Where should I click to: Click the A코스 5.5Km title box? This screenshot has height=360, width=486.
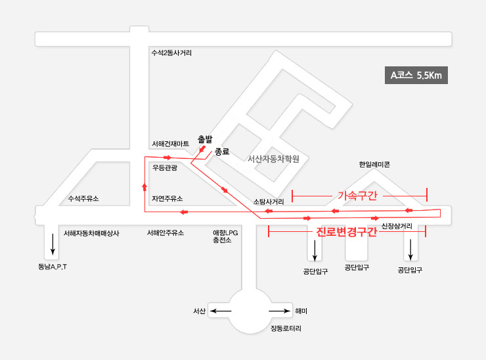click(x=416, y=75)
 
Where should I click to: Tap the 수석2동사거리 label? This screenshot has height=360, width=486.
click(x=171, y=53)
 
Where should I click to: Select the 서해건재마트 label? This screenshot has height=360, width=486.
click(x=171, y=144)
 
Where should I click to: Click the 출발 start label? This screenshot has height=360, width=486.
click(x=205, y=139)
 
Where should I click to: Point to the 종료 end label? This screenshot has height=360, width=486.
click(x=222, y=152)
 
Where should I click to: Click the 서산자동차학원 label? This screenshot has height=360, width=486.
click(x=273, y=159)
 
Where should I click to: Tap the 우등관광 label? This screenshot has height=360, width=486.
click(x=165, y=168)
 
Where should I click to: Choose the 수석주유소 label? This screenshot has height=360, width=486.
click(x=83, y=198)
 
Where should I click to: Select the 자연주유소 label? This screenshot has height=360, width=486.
click(x=167, y=198)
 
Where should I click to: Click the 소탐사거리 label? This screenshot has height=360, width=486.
click(x=269, y=202)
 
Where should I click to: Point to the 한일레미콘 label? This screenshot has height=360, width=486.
click(x=374, y=164)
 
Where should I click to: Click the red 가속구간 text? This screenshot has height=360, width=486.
click(x=357, y=196)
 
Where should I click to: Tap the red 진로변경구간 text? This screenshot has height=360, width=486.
click(x=347, y=232)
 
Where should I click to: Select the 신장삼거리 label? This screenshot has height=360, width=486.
click(x=397, y=226)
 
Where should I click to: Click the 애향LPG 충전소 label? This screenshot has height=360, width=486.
click(x=225, y=236)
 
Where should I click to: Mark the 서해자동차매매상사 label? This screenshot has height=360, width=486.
click(x=91, y=233)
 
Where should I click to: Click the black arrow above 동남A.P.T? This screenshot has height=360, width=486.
click(x=53, y=244)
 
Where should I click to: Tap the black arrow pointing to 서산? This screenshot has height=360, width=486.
click(x=221, y=311)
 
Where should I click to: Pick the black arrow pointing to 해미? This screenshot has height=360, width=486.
click(x=280, y=311)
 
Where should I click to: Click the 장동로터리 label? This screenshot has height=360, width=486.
click(x=286, y=328)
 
